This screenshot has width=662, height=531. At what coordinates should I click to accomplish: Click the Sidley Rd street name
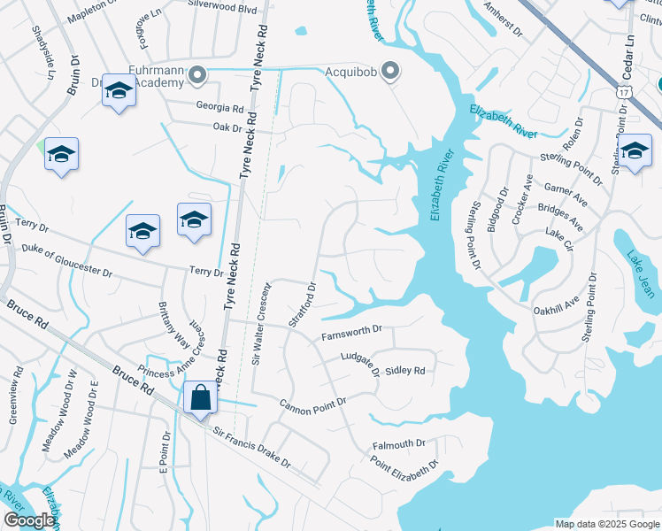point(406,371)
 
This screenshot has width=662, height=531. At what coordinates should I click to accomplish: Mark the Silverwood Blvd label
point(222,7)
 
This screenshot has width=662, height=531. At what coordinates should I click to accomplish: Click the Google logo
point(28,519)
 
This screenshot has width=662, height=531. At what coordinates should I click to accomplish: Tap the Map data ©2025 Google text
point(606,524)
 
